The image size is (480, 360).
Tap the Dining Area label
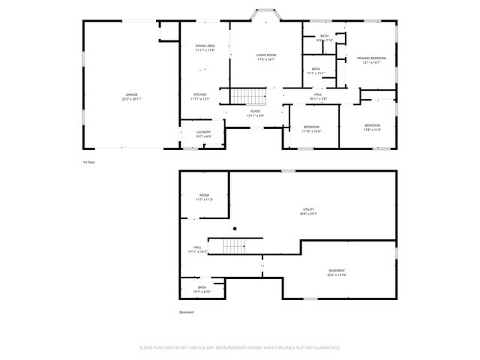(205, 48)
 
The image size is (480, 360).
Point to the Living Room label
(266, 58)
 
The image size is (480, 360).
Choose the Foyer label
(256, 113)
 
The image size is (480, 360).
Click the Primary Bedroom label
(371, 60)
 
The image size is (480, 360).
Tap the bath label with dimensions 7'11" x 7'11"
(316, 71)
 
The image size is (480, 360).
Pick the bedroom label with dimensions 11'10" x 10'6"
(311, 129)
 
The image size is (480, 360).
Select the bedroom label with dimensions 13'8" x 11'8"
(373, 127)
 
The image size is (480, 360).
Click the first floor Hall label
(318, 96)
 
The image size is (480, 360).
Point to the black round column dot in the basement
(235, 229)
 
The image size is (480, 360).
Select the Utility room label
(308, 211)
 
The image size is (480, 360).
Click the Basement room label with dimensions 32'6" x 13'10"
(337, 272)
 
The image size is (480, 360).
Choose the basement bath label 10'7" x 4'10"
(202, 289)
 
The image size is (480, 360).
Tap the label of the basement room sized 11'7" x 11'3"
(204, 198)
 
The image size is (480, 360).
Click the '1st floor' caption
(89, 161)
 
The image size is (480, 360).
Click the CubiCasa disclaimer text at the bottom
(240, 347)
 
